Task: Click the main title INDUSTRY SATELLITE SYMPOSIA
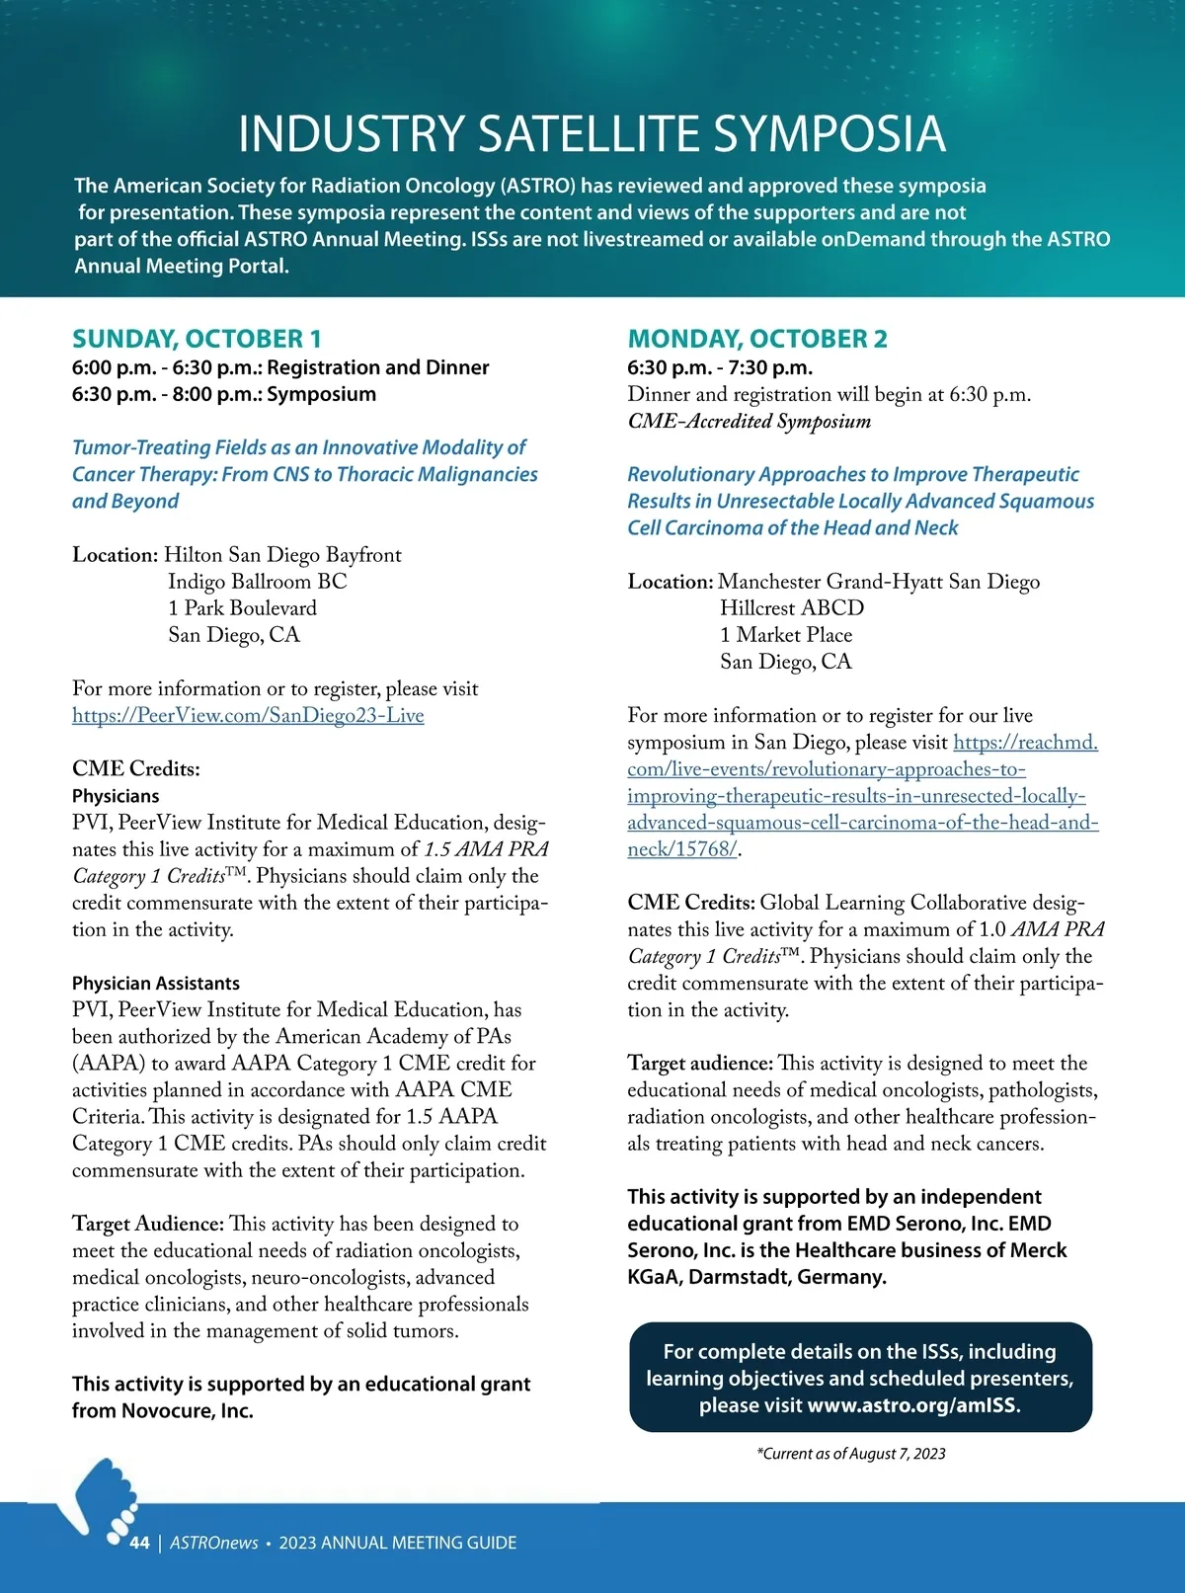pyautogui.click(x=592, y=134)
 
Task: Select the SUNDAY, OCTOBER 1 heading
pyautogui.click(x=197, y=339)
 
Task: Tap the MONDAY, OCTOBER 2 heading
pyautogui.click(x=757, y=339)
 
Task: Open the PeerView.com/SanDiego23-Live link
pyautogui.click(x=248, y=715)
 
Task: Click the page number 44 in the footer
pyautogui.click(x=139, y=1543)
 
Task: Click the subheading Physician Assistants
pyautogui.click(x=156, y=984)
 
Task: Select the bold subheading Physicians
pyautogui.click(x=116, y=796)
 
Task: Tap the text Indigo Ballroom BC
pyautogui.click(x=257, y=582)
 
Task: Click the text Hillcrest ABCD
pyautogui.click(x=792, y=608)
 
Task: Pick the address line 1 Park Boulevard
pyautogui.click(x=242, y=608)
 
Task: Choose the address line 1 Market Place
pyautogui.click(x=786, y=635)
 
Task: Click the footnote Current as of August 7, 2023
pyautogui.click(x=851, y=1454)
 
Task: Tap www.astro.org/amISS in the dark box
pyautogui.click(x=912, y=1405)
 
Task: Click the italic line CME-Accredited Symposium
pyautogui.click(x=750, y=422)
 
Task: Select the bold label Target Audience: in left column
pyautogui.click(x=148, y=1225)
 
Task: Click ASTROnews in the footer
pyautogui.click(x=214, y=1543)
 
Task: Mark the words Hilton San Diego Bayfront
pyautogui.click(x=282, y=555)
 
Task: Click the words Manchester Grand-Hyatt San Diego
pyautogui.click(x=879, y=582)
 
